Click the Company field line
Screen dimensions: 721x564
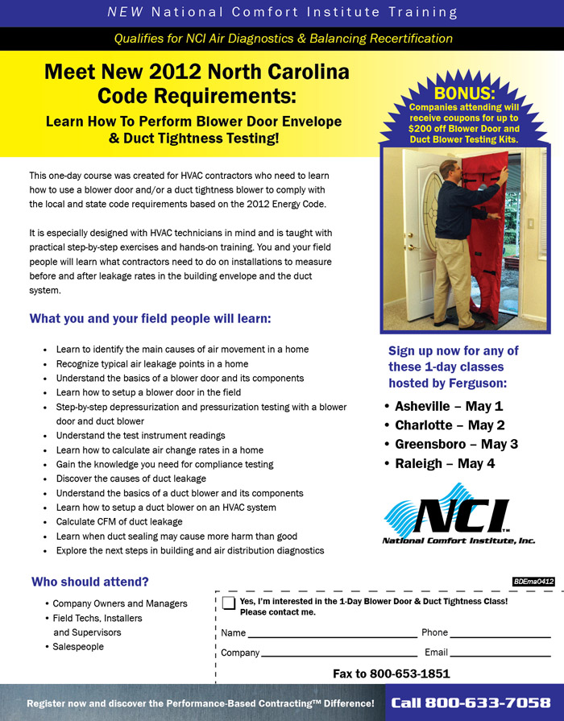coord(338,653)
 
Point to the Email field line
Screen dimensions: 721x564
coord(500,653)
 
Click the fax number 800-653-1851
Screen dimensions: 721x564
coord(409,673)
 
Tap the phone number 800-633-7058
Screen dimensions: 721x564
coord(471,703)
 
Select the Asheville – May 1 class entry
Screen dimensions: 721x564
coord(448,405)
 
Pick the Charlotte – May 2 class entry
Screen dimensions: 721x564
coord(450,425)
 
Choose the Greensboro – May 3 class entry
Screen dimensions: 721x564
coord(456,444)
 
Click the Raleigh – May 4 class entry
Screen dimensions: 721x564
coord(445,463)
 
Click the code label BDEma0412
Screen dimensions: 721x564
coord(533,581)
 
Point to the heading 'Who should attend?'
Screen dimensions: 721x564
coord(89,582)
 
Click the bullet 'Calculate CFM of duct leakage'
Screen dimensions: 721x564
coord(119,521)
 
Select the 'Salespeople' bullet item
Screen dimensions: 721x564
coord(78,646)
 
